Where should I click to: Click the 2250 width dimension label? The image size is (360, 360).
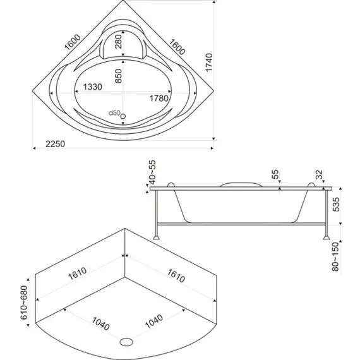click(55, 144)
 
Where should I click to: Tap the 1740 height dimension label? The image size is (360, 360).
click(209, 63)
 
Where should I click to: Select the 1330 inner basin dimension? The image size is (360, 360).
click(92, 87)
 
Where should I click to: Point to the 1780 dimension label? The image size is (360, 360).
click(159, 99)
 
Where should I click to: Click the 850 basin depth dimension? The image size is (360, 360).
click(118, 76)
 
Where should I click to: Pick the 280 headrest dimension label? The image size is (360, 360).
click(118, 42)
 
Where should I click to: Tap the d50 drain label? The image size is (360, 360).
click(114, 113)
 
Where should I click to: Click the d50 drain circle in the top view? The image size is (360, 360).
click(123, 116)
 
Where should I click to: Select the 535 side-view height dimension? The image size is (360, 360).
click(336, 205)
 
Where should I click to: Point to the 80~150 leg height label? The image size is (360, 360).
click(335, 256)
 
